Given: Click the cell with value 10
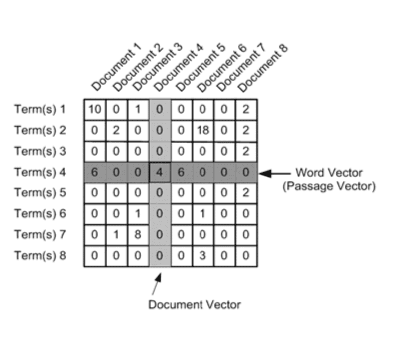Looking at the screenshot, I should [x=94, y=109].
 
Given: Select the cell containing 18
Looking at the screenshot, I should [x=203, y=130].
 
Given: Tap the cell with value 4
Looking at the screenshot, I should [x=160, y=172].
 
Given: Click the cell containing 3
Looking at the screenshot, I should [x=203, y=256].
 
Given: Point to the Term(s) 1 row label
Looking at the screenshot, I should [x=40, y=109].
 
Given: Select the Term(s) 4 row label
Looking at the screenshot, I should [x=40, y=172].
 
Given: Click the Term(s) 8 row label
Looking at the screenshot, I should [x=40, y=256].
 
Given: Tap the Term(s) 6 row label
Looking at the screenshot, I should [x=40, y=214].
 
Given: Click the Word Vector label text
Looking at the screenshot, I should [x=329, y=173].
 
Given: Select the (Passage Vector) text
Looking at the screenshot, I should [x=329, y=187].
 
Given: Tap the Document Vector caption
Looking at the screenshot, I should [x=195, y=304].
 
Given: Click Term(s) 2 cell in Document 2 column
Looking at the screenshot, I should [x=116, y=130].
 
